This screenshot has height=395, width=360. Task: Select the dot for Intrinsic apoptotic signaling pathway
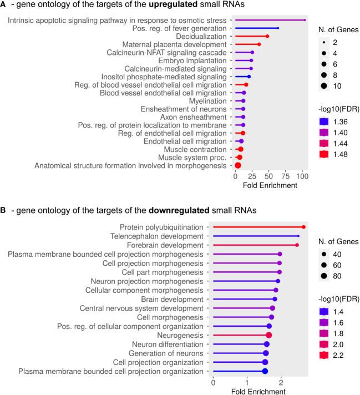tap(305, 20)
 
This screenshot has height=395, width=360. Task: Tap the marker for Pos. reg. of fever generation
tap(278, 28)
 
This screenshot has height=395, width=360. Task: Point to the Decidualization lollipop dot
tap(267, 36)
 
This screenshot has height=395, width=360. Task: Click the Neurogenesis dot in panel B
tap(269, 335)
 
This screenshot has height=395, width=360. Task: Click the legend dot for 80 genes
tap(325, 276)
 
